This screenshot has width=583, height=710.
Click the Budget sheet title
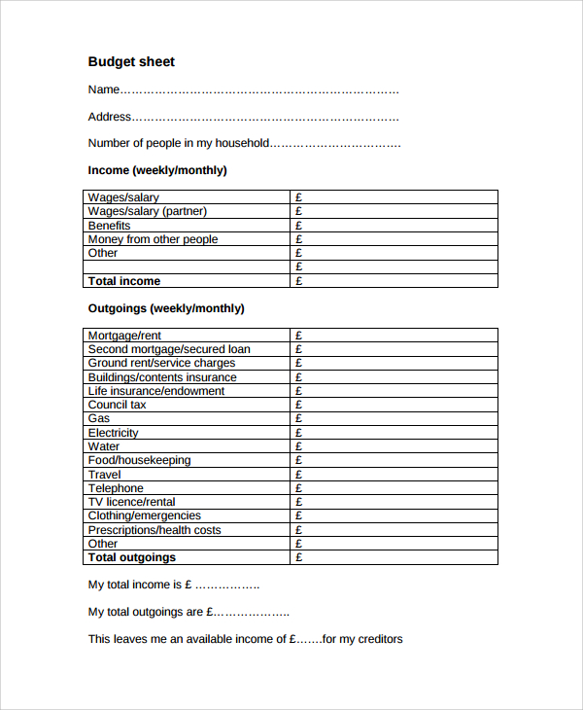pyautogui.click(x=131, y=61)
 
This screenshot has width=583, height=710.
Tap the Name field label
pyautogui.click(x=104, y=89)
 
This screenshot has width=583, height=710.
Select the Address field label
pyautogui.click(x=110, y=117)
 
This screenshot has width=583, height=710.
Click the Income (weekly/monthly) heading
pyautogui.click(x=157, y=170)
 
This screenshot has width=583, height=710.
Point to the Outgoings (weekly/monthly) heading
pyautogui.click(x=166, y=308)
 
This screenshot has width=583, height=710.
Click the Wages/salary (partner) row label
pyautogui.click(x=148, y=211)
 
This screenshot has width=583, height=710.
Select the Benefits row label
pyautogui.click(x=109, y=226)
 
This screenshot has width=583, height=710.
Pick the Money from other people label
pyautogui.click(x=153, y=239)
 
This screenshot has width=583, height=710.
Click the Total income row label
pyautogui.click(x=124, y=281)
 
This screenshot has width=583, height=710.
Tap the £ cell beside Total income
pyautogui.click(x=299, y=281)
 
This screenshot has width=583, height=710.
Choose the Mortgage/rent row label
pyautogui.click(x=124, y=336)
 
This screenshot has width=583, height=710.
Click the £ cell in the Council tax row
pyautogui.click(x=299, y=405)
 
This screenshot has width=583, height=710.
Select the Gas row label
pyautogui.click(x=99, y=418)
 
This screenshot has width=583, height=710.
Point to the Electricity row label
pyautogui.click(x=113, y=433)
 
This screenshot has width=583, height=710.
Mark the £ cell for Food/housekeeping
pyautogui.click(x=299, y=460)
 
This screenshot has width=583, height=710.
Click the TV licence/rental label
pyautogui.click(x=132, y=502)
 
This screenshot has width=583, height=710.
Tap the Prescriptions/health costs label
pyautogui.click(x=154, y=530)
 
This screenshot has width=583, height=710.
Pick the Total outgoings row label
pyautogui.click(x=132, y=557)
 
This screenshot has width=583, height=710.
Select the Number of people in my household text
pyautogui.click(x=178, y=143)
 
